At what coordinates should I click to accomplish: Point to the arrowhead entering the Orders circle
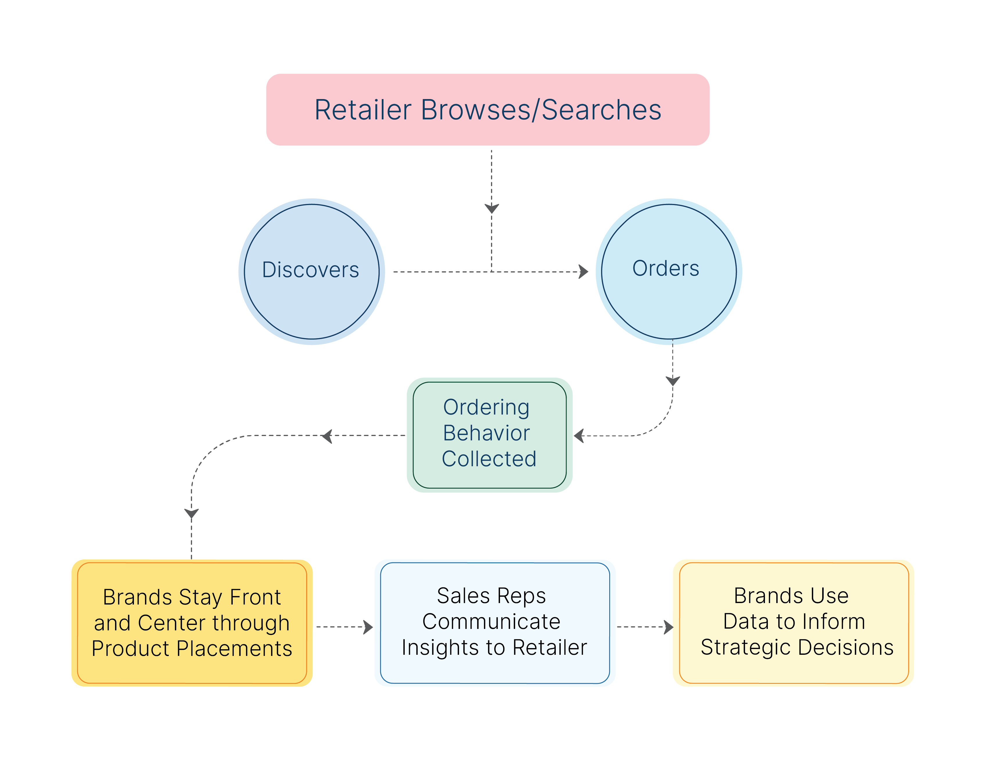point(583,272)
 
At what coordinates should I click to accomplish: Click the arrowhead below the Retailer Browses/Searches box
point(491,209)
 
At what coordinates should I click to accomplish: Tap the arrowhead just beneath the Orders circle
point(672,381)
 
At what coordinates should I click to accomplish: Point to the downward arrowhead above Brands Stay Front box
point(191,513)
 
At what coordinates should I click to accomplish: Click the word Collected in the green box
point(489,459)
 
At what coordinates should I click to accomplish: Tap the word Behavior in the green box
point(486,433)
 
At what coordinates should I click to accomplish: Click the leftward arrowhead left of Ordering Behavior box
point(327,435)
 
